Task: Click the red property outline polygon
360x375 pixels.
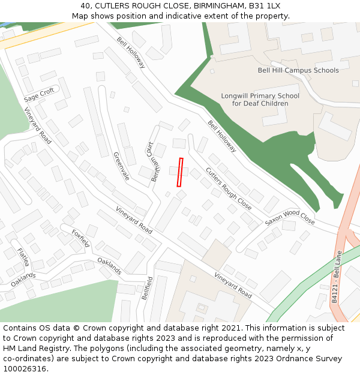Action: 179,172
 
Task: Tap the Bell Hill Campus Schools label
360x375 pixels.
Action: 298,70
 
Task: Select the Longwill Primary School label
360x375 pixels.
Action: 260,100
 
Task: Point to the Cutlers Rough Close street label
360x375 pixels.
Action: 229,188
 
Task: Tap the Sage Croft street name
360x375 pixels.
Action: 39,95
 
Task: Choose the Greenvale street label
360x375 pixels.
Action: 121,166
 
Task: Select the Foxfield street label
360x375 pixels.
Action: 80,238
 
